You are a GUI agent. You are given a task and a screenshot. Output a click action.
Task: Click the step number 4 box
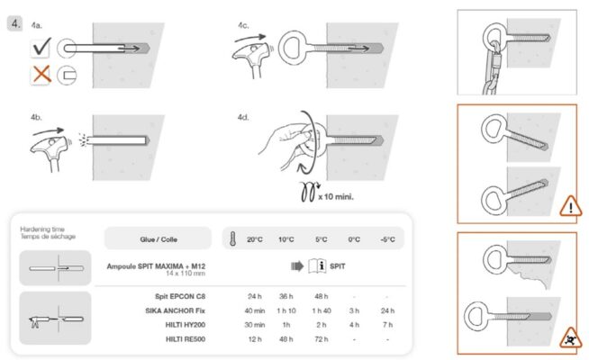[x=14, y=23]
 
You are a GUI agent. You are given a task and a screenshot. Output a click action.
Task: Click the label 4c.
[x=243, y=26]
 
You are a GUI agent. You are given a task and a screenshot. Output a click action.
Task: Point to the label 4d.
[x=243, y=117]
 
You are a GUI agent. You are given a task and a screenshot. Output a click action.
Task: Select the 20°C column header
[x=254, y=239]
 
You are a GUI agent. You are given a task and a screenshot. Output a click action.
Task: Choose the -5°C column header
[x=387, y=239]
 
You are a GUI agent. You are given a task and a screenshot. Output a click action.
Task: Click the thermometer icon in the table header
[x=232, y=239]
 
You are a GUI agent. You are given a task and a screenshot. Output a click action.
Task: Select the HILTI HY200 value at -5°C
[x=387, y=323]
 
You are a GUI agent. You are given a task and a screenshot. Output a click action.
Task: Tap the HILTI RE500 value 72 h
[x=321, y=338]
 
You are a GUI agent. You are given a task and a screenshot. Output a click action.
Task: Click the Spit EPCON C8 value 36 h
[x=287, y=294]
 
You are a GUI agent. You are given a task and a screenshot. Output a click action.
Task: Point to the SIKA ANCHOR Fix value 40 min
[x=254, y=309]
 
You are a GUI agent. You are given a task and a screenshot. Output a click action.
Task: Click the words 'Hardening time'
[x=41, y=229]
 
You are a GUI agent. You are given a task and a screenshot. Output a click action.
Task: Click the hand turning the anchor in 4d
[x=286, y=144]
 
